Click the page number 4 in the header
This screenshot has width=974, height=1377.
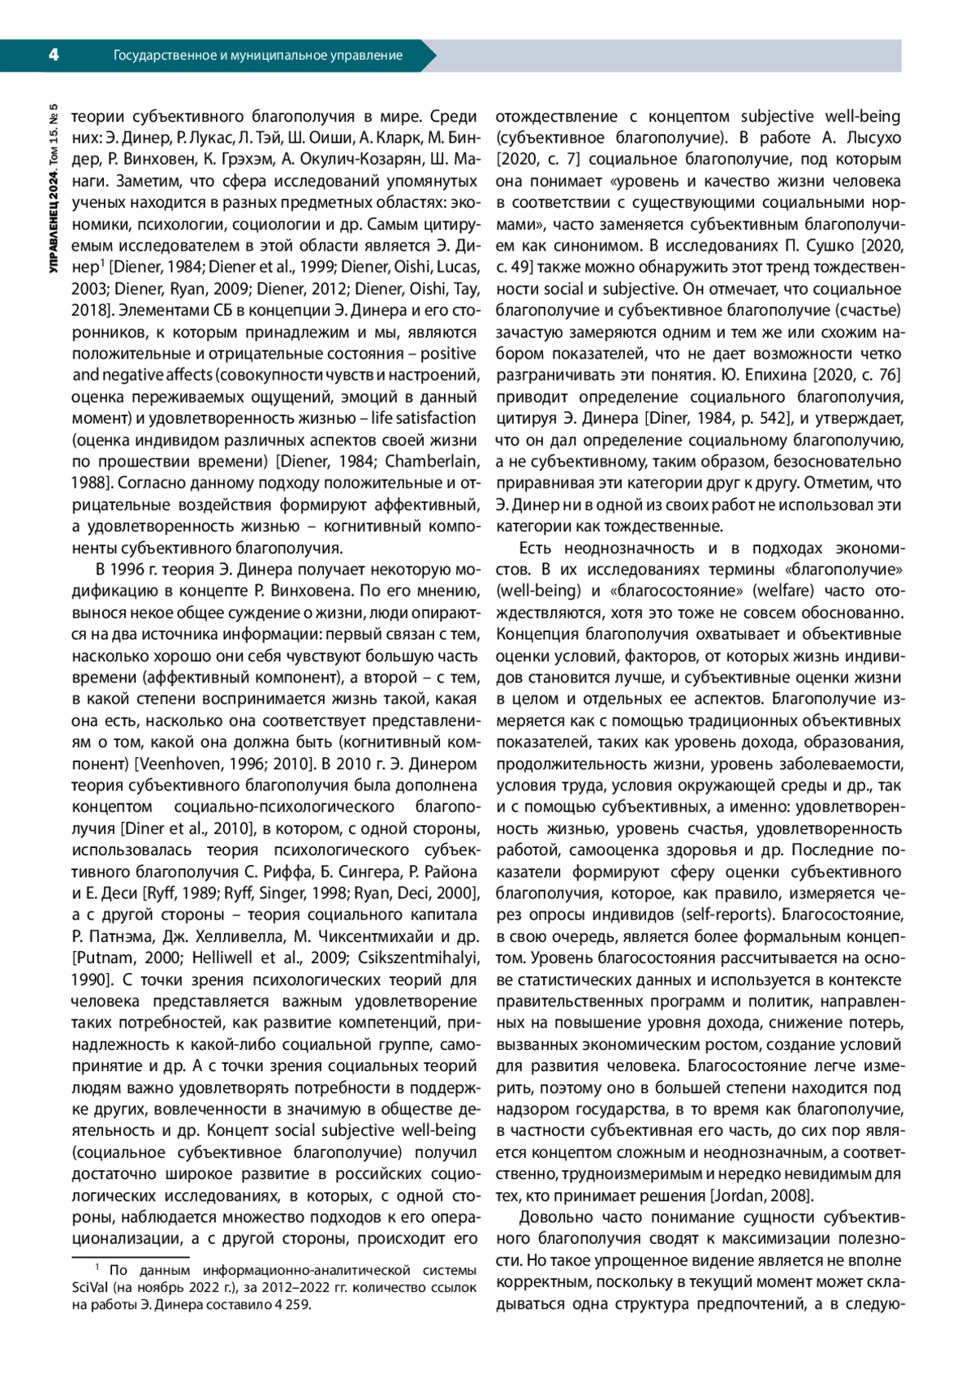coord(53,55)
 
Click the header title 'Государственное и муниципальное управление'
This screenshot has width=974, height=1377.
coord(258,55)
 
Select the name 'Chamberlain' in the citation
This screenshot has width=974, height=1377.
coord(431,462)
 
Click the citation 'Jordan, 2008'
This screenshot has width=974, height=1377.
coord(761,1195)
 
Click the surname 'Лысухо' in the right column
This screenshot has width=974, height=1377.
coord(871,138)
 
